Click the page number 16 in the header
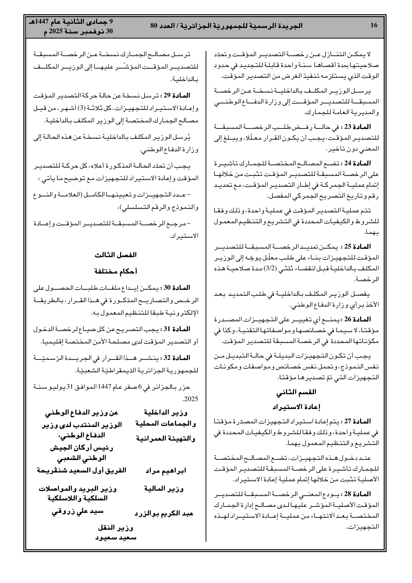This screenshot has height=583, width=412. pos(374,25)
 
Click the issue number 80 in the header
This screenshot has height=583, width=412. pos(154,25)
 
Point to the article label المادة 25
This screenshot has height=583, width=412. pos(358,246)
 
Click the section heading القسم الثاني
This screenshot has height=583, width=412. pos(296,392)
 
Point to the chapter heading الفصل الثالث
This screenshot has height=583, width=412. pos(116,255)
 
